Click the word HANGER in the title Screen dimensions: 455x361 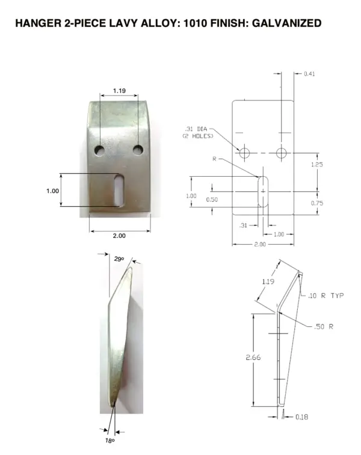point(38,23)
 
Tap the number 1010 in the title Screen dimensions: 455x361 point(191,23)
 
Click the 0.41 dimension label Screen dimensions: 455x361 point(309,74)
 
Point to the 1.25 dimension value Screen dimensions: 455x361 point(318,164)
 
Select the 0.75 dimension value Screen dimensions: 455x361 point(318,203)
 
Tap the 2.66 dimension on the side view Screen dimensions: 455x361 point(253,358)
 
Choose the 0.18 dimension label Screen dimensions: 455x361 point(301,417)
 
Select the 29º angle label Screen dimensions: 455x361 point(119,259)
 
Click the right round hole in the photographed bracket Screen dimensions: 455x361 point(138,148)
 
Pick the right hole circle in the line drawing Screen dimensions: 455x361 point(282,153)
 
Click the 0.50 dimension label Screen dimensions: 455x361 point(212,199)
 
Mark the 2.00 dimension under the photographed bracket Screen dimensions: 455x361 point(120,236)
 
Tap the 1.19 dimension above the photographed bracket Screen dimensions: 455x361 point(119,91)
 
